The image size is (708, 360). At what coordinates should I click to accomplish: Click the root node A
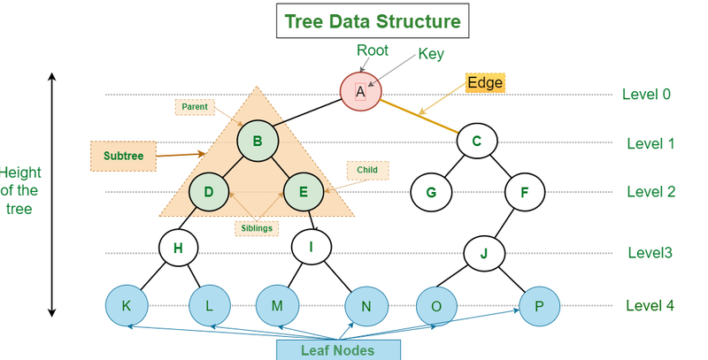[361, 92]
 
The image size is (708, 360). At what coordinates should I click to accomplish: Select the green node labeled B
[258, 141]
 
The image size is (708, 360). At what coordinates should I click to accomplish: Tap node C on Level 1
[477, 142]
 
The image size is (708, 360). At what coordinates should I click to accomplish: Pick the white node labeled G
[431, 192]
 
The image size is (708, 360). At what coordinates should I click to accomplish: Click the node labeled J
[484, 253]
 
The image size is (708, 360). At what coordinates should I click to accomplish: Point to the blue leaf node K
[127, 305]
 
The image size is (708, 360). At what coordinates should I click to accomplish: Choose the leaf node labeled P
[540, 306]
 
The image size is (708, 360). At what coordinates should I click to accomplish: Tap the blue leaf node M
[277, 305]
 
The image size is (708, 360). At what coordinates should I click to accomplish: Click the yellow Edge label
[485, 83]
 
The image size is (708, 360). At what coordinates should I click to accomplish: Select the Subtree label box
[123, 156]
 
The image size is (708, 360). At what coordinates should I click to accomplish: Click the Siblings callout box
[257, 228]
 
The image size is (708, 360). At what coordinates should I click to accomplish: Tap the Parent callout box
[195, 107]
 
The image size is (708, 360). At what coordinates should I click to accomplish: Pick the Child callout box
[367, 170]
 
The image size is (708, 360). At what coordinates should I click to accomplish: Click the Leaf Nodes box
[338, 350]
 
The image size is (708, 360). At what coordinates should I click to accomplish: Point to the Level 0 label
[646, 95]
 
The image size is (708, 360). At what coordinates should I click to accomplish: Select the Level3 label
[650, 253]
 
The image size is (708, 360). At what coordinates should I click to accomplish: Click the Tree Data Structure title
[373, 21]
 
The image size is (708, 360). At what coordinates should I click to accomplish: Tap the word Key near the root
[431, 54]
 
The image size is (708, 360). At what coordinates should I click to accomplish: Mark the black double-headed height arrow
[52, 195]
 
